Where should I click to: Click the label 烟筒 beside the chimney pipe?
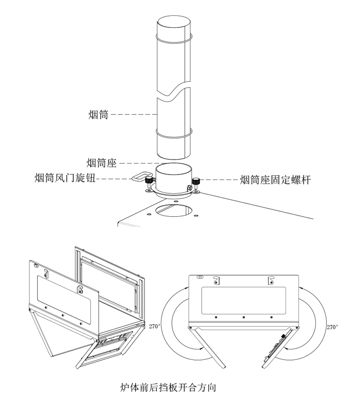pos(98,114)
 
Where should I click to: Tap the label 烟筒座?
pos(102,163)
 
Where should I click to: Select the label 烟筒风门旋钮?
pos(65,179)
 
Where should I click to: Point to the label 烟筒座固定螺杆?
pos(275,180)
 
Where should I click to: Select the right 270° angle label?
pos(332,327)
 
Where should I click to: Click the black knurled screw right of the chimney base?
pos(196,183)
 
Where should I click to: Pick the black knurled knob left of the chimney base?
pos(149,181)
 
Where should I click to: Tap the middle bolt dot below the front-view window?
pos(243,317)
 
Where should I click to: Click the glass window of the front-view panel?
pos(243,299)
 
